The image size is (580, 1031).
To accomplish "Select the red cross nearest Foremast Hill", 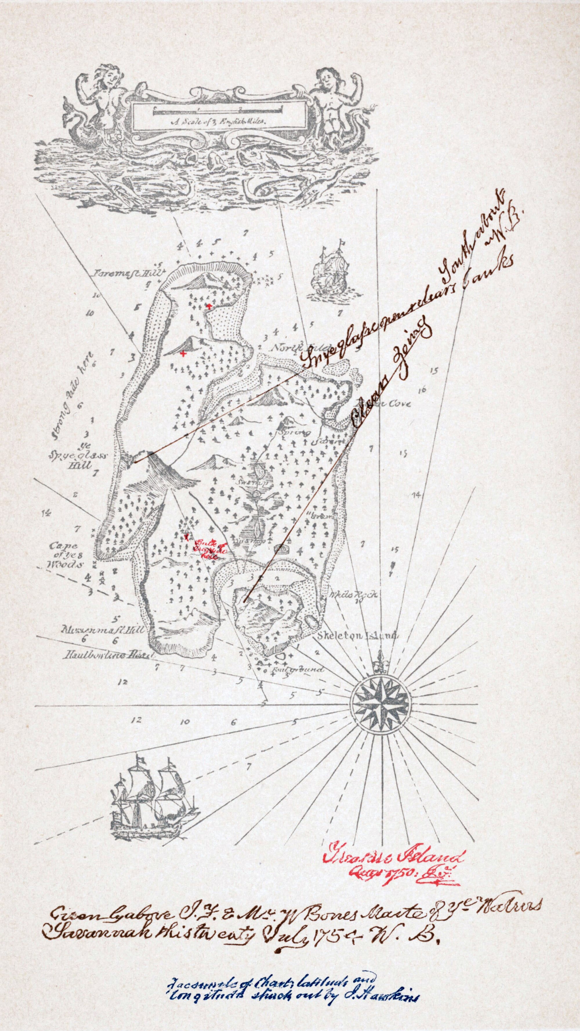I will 209,306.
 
